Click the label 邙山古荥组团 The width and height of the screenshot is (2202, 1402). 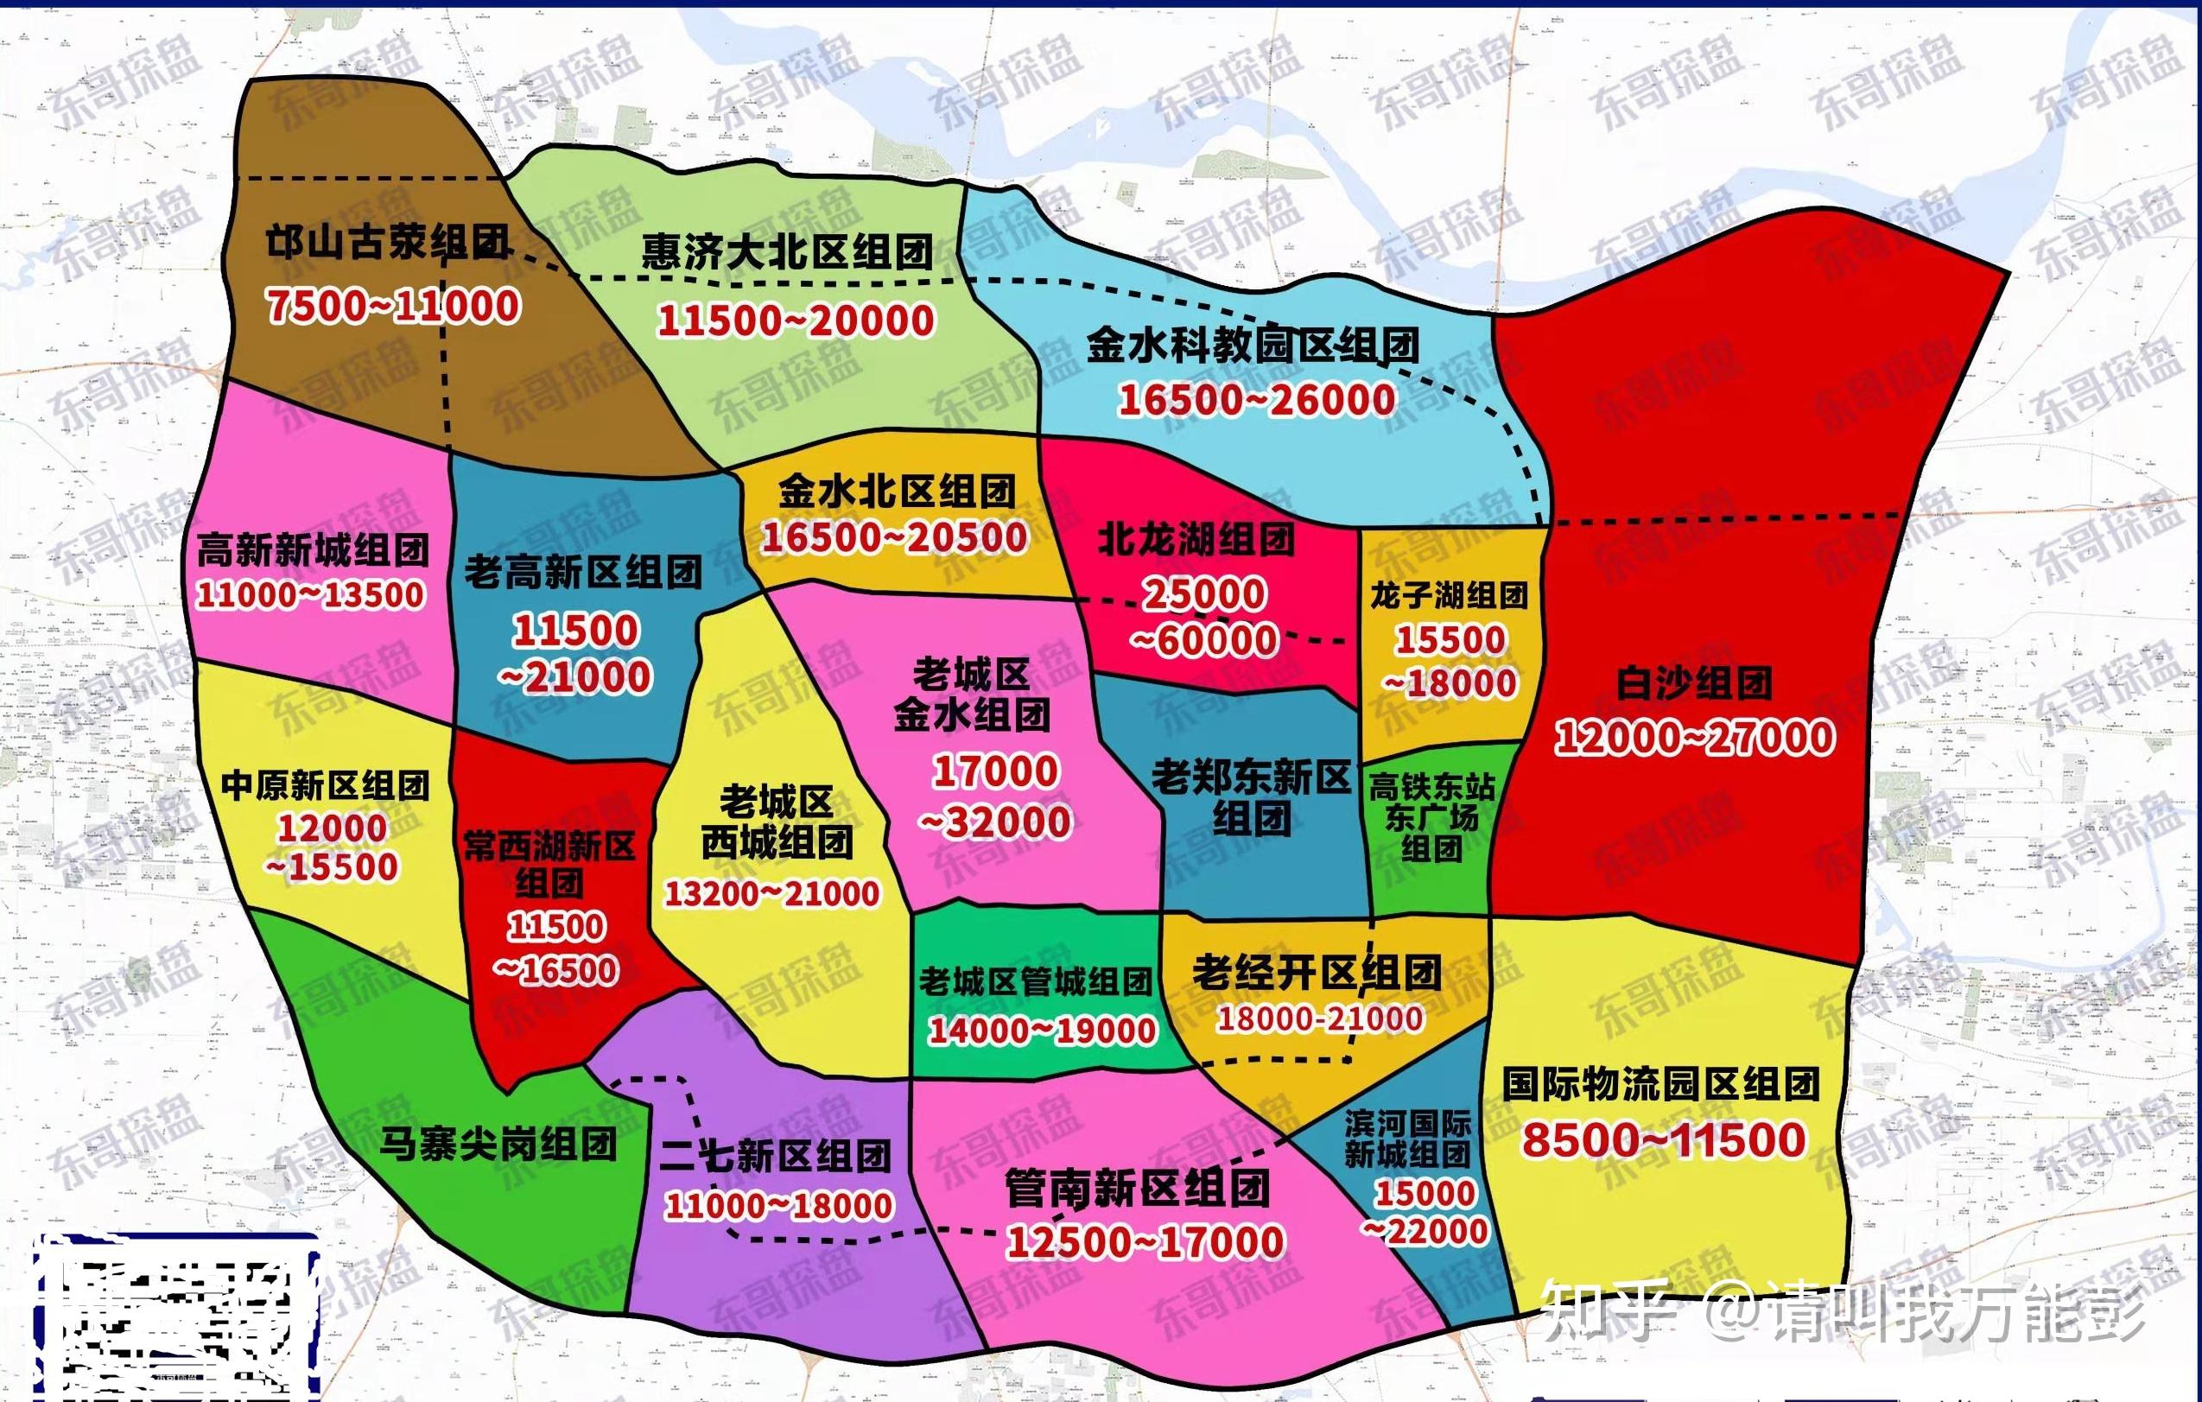[x=388, y=244]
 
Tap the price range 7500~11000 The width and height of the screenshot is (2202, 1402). [x=393, y=306]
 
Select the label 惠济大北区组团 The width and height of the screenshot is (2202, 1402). [x=786, y=252]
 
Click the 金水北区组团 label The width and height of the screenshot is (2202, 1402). [x=897, y=492]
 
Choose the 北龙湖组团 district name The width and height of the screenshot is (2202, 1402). [x=1196, y=540]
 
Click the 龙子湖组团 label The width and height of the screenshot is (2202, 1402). [x=1449, y=595]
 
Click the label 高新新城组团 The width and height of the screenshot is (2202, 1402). [x=313, y=550]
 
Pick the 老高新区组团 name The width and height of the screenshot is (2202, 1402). [x=582, y=573]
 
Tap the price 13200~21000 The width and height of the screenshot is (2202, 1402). [x=771, y=893]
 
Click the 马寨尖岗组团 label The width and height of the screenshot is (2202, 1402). [x=498, y=1144]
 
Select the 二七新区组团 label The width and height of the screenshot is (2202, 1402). [x=776, y=1157]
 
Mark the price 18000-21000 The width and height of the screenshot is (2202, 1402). [x=1319, y=1018]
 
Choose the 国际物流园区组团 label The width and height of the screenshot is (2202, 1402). [x=1660, y=1085]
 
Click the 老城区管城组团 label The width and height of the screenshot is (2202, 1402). [x=1035, y=982]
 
